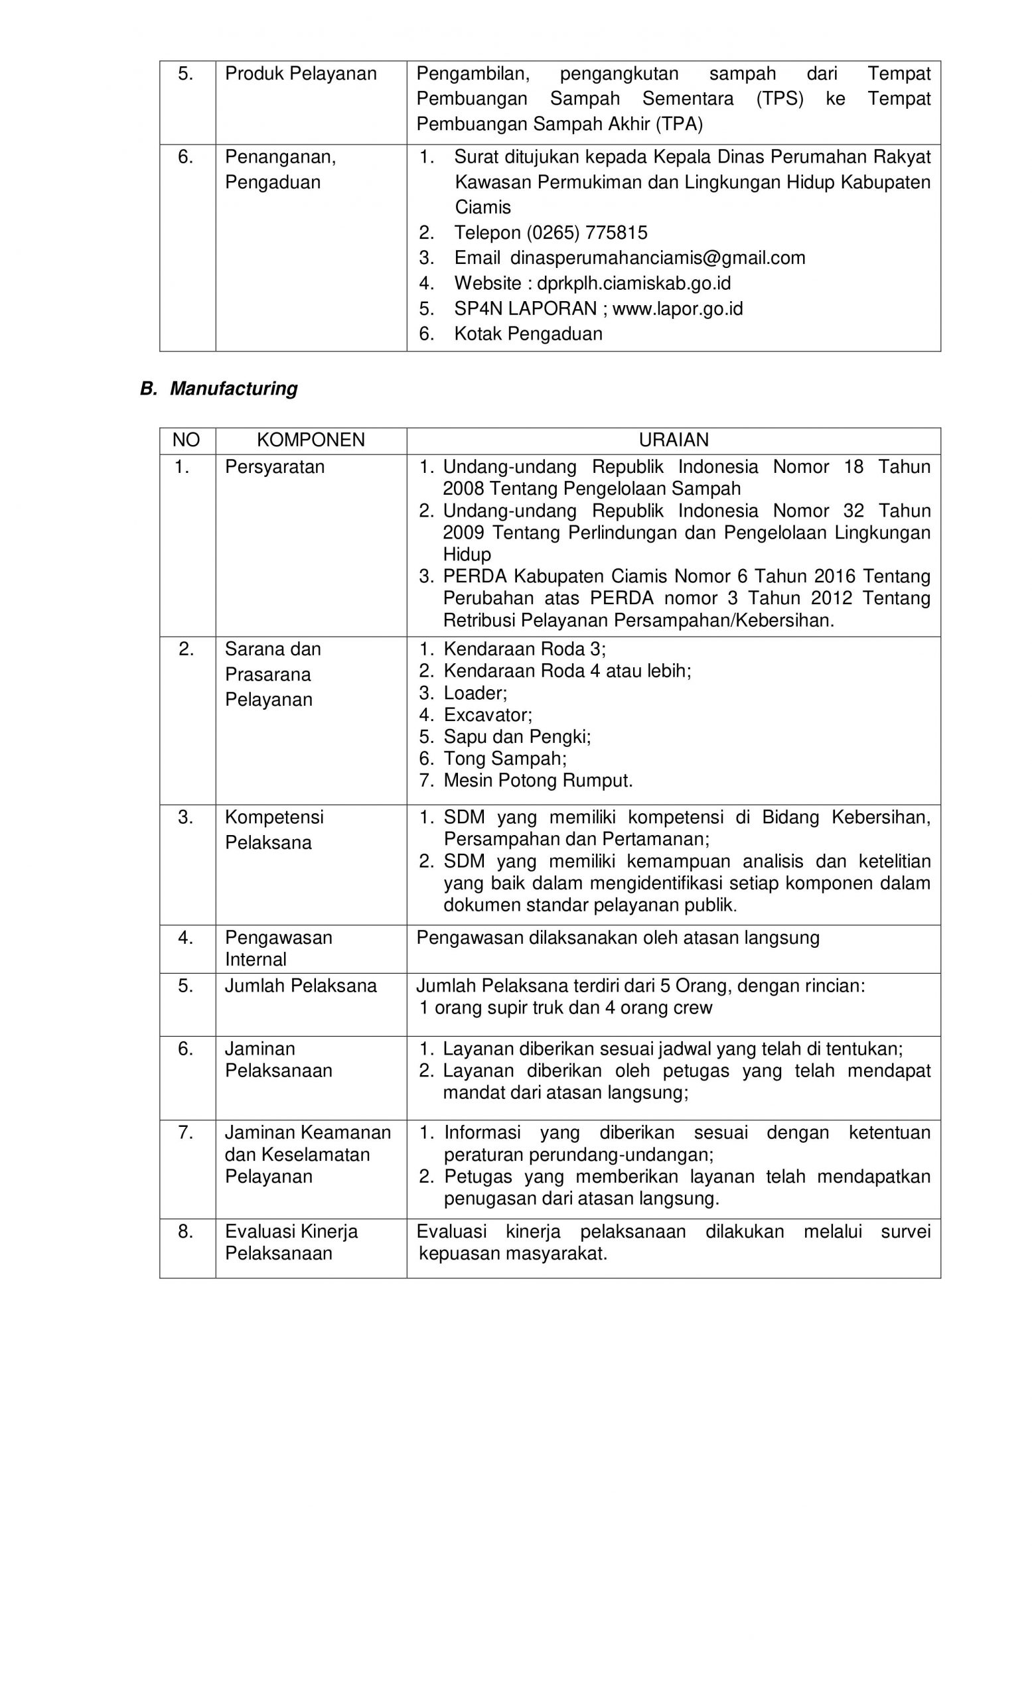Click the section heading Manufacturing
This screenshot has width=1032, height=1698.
click(x=233, y=389)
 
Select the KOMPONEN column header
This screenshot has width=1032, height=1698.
click(x=310, y=440)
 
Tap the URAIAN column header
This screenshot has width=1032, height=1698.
click(x=673, y=440)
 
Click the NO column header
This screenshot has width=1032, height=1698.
click(x=186, y=440)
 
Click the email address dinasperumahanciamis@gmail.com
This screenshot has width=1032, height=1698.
click(x=657, y=258)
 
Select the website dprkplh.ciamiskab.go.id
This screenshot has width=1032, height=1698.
click(x=634, y=283)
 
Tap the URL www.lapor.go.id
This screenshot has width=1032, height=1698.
click(x=677, y=308)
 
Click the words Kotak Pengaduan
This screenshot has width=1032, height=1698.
click(x=528, y=334)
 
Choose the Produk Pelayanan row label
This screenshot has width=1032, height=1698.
click(x=301, y=74)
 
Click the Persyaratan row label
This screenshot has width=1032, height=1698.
click(x=274, y=466)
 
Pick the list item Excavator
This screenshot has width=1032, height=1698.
click(x=487, y=714)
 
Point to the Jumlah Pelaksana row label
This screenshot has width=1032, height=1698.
click(x=301, y=986)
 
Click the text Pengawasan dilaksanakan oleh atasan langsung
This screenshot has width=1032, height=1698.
click(x=618, y=938)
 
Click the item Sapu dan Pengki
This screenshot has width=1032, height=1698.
click(x=517, y=737)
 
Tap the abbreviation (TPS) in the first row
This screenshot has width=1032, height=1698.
click(x=779, y=99)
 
